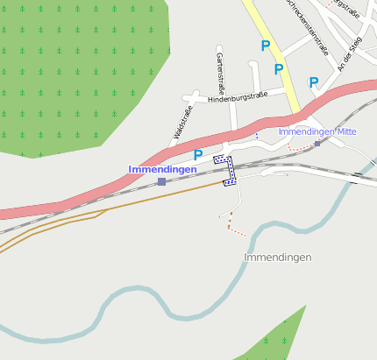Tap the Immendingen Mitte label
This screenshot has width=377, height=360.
click(x=317, y=131)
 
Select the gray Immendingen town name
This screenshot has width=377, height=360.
click(x=277, y=258)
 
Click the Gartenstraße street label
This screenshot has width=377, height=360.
click(x=219, y=74)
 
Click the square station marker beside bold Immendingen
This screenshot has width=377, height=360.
click(x=161, y=181)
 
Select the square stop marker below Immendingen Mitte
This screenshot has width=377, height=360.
click(x=317, y=144)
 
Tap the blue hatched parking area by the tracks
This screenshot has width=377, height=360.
click(x=226, y=170)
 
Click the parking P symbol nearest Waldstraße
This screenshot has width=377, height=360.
click(x=198, y=156)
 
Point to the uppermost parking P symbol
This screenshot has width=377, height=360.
click(x=265, y=45)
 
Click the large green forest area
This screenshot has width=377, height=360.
click(x=70, y=70)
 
